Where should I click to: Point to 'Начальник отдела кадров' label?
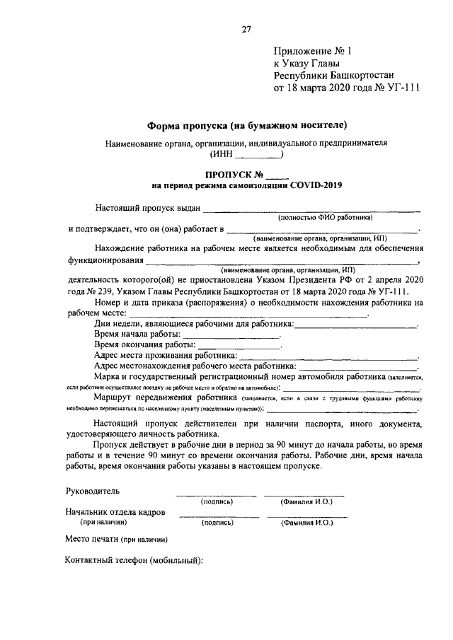(x=115, y=511)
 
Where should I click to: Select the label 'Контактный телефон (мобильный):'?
(x=133, y=561)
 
